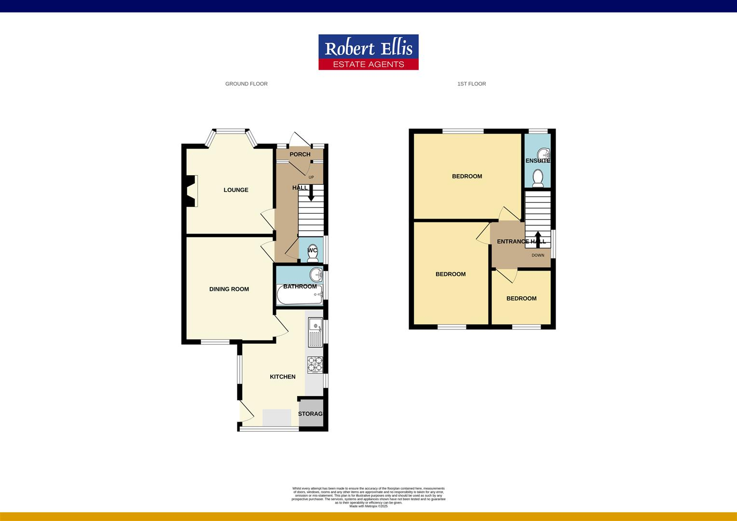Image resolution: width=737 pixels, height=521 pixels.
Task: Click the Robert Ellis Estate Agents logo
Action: pos(368,52)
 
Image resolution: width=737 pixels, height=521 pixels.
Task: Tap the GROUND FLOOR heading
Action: pos(246,84)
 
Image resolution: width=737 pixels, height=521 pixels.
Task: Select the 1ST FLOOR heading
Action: pos(471,84)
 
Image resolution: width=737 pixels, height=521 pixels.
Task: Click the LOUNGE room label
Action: pos(236,190)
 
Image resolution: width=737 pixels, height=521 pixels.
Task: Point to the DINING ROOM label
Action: pos(229,289)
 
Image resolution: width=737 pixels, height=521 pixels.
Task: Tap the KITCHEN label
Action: pos(283,377)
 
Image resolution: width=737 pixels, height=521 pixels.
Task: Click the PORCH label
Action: pos(300,154)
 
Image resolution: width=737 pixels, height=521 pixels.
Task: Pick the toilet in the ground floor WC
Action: pos(312,254)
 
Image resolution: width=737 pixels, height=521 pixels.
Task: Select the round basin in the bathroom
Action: pos(316,275)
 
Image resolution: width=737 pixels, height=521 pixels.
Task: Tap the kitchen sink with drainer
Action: pos(315,332)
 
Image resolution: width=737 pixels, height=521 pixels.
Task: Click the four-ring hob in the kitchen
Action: pos(315,365)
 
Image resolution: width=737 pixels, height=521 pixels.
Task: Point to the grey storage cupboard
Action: pos(311,413)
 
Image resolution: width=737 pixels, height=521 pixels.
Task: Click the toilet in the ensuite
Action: pos(538,178)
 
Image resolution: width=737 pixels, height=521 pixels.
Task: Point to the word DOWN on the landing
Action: pos(538,255)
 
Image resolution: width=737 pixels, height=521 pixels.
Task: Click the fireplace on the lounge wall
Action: pos(192,191)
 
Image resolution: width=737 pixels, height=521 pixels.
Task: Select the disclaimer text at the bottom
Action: pos(368,497)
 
